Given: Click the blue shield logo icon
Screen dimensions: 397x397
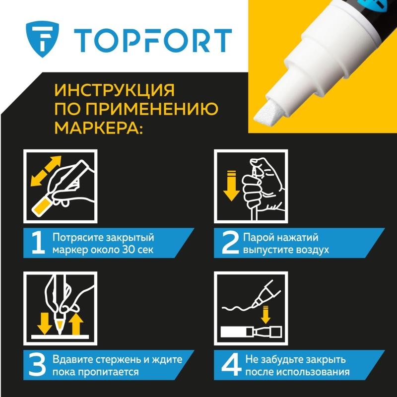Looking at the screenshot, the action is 42,39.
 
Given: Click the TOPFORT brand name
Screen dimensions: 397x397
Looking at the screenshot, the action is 153,41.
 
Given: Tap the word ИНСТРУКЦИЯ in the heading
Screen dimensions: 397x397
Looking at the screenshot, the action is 115,90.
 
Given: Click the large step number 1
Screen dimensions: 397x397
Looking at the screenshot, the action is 38,243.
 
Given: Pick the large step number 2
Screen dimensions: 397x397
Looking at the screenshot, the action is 230,243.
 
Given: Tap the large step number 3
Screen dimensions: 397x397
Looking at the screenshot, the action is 38,365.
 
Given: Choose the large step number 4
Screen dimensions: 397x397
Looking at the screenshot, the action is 231,365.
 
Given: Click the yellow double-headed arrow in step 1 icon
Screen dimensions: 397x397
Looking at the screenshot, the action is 46,171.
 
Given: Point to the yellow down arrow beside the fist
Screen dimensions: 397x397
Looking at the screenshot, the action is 231,186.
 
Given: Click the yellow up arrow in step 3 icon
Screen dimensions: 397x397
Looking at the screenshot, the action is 76,324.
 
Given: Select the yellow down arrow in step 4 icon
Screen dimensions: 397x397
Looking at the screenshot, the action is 265,315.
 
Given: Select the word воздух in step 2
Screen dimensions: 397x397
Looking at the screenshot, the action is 311,251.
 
